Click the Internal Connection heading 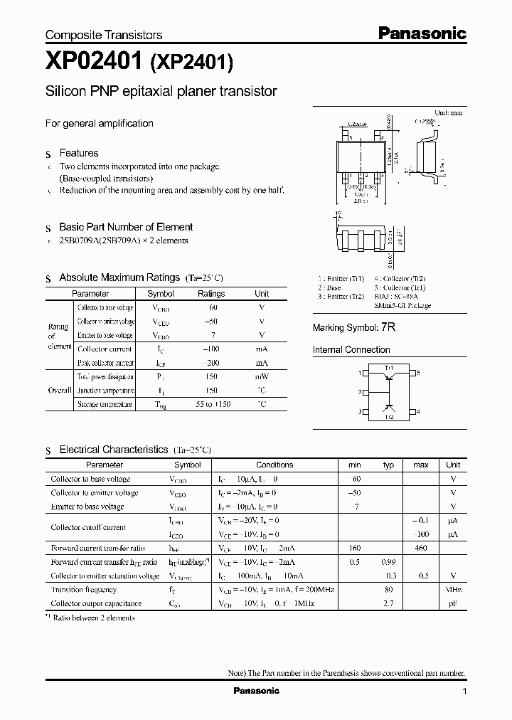(x=351, y=350)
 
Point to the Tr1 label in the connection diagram (x=388, y=367)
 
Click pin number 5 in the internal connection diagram (x=418, y=373)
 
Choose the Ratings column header (x=211, y=294)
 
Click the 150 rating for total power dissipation (x=211, y=376)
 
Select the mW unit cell (x=262, y=376)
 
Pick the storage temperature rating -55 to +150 (x=211, y=404)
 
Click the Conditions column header (x=274, y=465)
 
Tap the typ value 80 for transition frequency (x=388, y=590)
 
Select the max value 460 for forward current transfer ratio (x=420, y=548)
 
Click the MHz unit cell (x=453, y=590)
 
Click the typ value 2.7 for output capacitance (x=388, y=603)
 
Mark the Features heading (x=79, y=153)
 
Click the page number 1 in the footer (x=464, y=692)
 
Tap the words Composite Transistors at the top (x=104, y=35)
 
